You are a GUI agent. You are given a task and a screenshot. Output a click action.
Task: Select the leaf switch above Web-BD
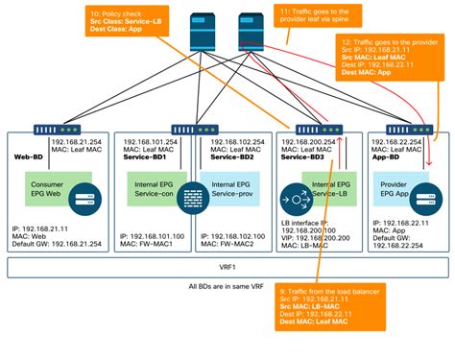[46, 127]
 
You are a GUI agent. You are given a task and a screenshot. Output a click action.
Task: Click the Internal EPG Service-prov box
[229, 188]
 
